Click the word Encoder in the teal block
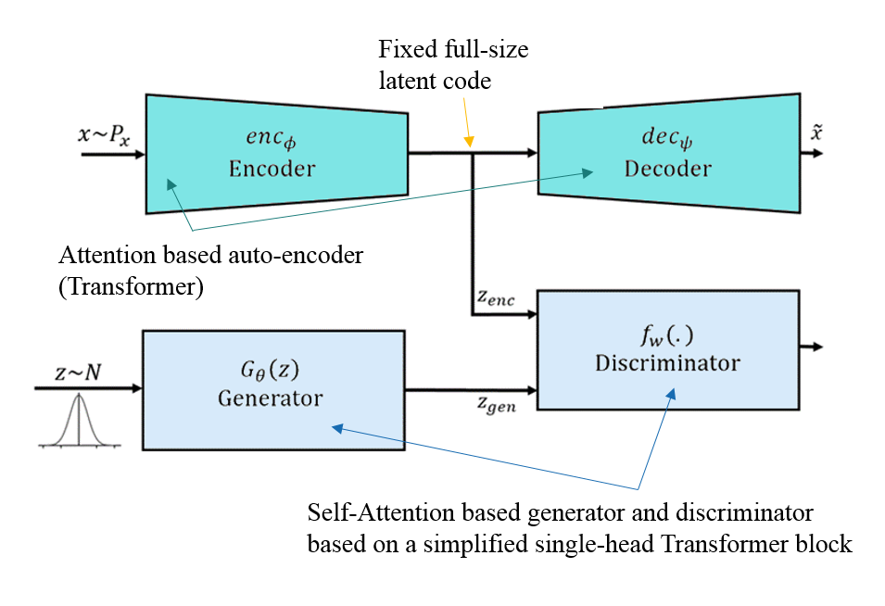[x=272, y=169]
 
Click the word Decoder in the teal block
[x=668, y=169]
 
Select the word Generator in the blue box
[x=271, y=398]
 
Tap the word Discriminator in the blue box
[x=668, y=363]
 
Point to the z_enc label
[x=496, y=297]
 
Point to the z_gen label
[x=497, y=405]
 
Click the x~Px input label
[x=104, y=135]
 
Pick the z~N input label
[x=78, y=372]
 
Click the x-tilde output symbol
[x=816, y=132]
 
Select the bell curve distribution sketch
[x=79, y=421]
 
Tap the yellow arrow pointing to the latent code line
[x=467, y=122]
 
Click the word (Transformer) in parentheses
[x=131, y=286]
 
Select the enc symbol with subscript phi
[x=271, y=138]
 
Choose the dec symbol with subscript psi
[x=667, y=138]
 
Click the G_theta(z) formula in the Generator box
[x=270, y=370]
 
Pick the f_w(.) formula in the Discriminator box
[x=667, y=335]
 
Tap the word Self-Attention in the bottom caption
[x=381, y=513]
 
